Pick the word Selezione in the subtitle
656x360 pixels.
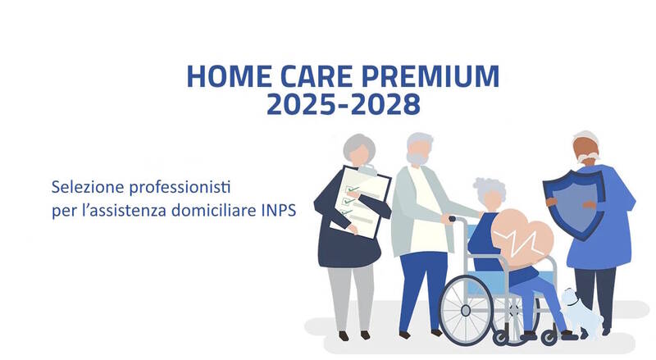click(x=88, y=187)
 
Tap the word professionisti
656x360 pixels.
click(x=180, y=188)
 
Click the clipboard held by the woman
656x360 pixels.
click(x=360, y=202)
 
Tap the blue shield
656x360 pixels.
click(x=574, y=205)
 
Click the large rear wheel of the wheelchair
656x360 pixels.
click(x=466, y=310)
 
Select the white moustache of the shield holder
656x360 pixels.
click(x=588, y=157)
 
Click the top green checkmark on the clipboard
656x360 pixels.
click(x=353, y=189)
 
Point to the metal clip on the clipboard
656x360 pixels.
click(x=367, y=169)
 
